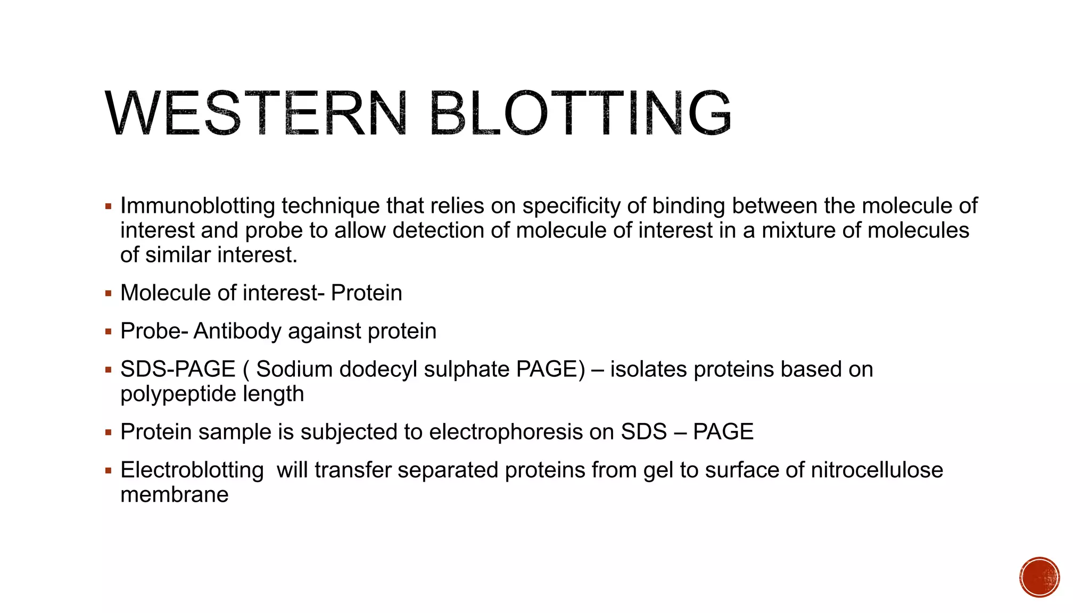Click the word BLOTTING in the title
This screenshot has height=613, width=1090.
coord(580,114)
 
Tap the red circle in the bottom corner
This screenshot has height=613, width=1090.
coord(1039,577)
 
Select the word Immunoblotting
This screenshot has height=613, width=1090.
coord(197,206)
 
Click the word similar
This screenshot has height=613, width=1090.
coord(178,255)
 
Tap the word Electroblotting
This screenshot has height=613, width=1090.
coord(192,470)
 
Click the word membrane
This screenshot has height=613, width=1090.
coord(175,495)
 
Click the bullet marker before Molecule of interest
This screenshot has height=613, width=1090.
coord(109,293)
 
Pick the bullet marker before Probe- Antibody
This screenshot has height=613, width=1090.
coord(109,332)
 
